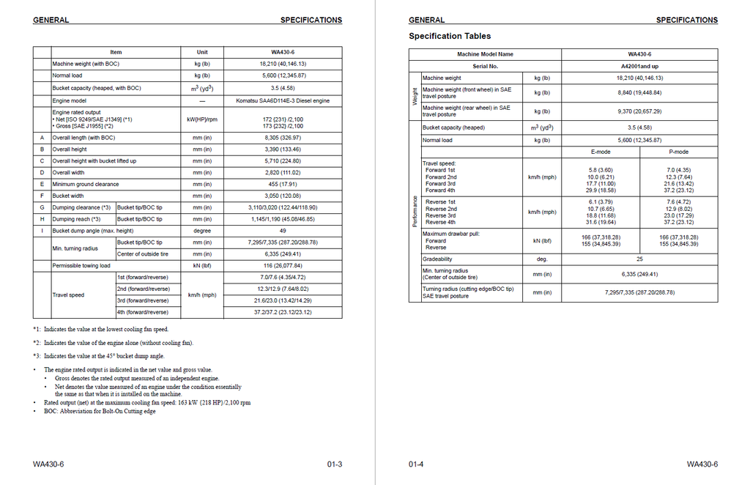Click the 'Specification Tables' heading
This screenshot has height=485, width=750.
coord(450,36)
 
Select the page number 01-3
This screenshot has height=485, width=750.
coord(335,464)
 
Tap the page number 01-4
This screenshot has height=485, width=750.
coord(416,464)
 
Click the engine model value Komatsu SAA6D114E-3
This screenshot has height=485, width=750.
coord(282,100)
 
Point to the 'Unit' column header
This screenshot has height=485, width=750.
coord(202,52)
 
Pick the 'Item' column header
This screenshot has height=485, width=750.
coord(116,52)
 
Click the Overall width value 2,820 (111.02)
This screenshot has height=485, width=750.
coord(282,172)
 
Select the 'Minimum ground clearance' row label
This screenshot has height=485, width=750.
coord(85,184)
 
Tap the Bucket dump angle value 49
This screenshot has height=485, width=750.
coord(282,231)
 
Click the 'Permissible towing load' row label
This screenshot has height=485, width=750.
coord(81,265)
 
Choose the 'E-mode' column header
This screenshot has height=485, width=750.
coord(601,152)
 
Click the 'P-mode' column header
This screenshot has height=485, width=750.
coord(678,152)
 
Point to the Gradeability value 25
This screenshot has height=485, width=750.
coord(639,259)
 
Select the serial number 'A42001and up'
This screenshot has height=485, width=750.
coord(639,66)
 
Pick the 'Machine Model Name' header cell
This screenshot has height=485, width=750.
coord(485,54)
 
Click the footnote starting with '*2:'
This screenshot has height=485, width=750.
coord(113,342)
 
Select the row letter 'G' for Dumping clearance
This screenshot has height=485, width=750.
coord(42,207)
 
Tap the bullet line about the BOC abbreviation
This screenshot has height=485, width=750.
coord(100,411)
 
